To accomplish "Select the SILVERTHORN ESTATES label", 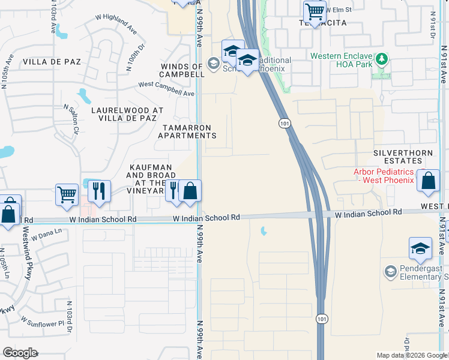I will (403, 157).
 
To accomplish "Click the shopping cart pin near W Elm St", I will (315, 11).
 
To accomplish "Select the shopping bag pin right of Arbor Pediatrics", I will (428, 182).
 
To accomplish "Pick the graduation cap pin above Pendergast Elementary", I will (420, 249).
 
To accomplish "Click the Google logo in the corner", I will (20, 353).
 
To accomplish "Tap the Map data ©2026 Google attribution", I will (412, 355).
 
